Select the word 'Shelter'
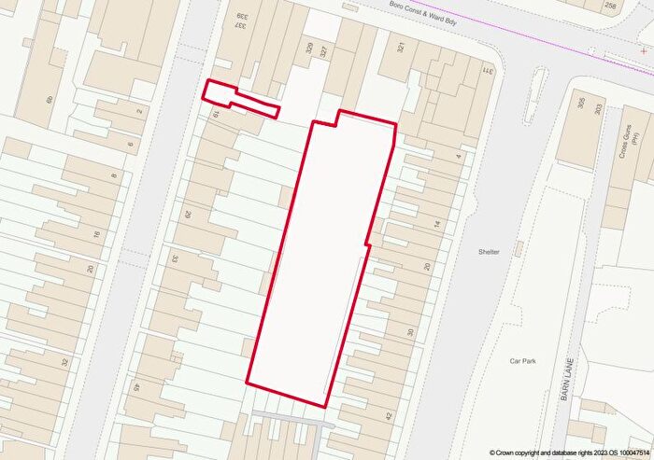(x=489, y=252)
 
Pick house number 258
(x=637, y=6)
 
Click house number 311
(x=486, y=71)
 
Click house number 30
(x=409, y=331)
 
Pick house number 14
(x=436, y=224)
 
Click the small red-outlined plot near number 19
(x=241, y=100)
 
